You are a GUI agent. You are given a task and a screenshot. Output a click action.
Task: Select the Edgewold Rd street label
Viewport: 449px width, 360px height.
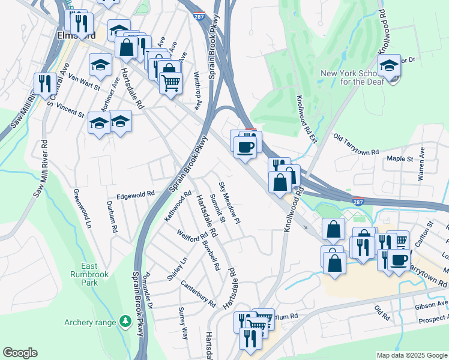pyautogui.click(x=136, y=194)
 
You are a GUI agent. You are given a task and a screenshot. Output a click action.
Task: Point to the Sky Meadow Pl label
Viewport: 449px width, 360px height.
pyautogui.click(x=229, y=203)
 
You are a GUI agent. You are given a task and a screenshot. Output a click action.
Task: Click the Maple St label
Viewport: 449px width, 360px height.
pyautogui.click(x=400, y=159)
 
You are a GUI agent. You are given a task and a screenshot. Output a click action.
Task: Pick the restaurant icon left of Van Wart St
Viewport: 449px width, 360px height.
pyautogui.click(x=44, y=83)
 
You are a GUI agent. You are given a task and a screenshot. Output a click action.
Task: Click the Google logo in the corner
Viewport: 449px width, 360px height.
pyautogui.click(x=20, y=353)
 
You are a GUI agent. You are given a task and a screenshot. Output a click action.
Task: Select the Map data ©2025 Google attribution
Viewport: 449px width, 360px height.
pyautogui.click(x=412, y=355)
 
